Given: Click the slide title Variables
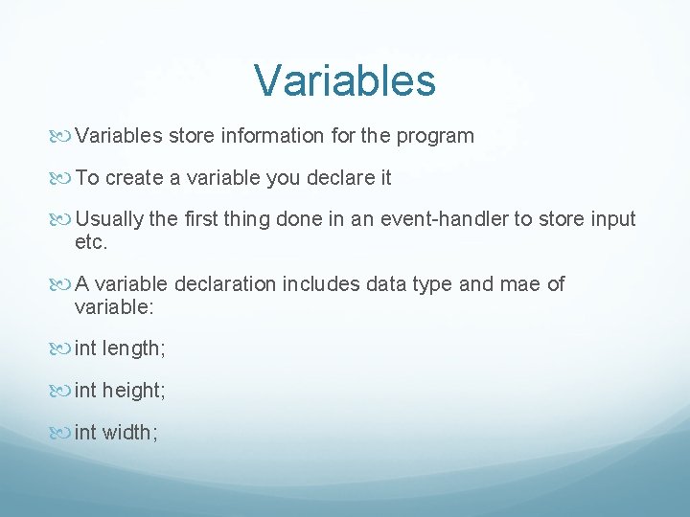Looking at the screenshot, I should tap(345, 80).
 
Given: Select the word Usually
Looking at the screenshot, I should tap(109, 219).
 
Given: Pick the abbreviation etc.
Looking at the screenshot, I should tap(91, 243).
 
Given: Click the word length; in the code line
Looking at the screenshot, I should tap(134, 349).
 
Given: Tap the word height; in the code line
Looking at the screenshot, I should tap(135, 391).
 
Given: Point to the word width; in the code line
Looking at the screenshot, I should tap(130, 433).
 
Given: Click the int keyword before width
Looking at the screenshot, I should tap(85, 433).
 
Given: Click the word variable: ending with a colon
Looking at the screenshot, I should tap(114, 308).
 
